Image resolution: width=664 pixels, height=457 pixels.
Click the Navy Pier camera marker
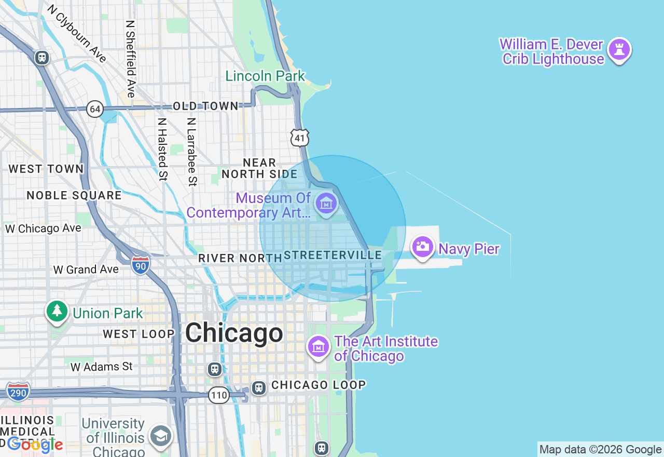(x=423, y=247)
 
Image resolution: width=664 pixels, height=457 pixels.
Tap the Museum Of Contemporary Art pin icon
(x=326, y=204)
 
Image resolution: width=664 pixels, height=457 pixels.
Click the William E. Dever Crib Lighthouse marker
(x=619, y=50)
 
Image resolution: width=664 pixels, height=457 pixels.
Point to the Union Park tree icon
(x=57, y=312)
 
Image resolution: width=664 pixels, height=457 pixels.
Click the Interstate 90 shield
(x=140, y=264)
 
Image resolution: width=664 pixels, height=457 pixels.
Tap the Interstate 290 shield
(x=18, y=392)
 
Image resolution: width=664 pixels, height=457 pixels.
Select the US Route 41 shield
(x=300, y=138)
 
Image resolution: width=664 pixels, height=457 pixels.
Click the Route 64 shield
(x=95, y=109)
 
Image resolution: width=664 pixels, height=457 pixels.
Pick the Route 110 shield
(x=219, y=395)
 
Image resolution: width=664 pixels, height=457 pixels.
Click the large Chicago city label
(x=234, y=333)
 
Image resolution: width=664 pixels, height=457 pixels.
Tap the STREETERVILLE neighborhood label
(x=333, y=256)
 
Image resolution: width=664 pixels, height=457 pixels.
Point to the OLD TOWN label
(x=205, y=106)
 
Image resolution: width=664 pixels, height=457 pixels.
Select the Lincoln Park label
(x=265, y=76)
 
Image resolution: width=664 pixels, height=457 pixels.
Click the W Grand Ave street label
(x=86, y=270)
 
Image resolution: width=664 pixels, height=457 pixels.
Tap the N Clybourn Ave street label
(x=76, y=34)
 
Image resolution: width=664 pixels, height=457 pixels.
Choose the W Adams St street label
(x=102, y=367)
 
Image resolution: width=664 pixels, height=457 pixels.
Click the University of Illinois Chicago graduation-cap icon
(x=161, y=436)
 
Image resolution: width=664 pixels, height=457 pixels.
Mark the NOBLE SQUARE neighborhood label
(x=74, y=195)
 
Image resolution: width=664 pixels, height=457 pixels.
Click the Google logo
(x=35, y=445)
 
